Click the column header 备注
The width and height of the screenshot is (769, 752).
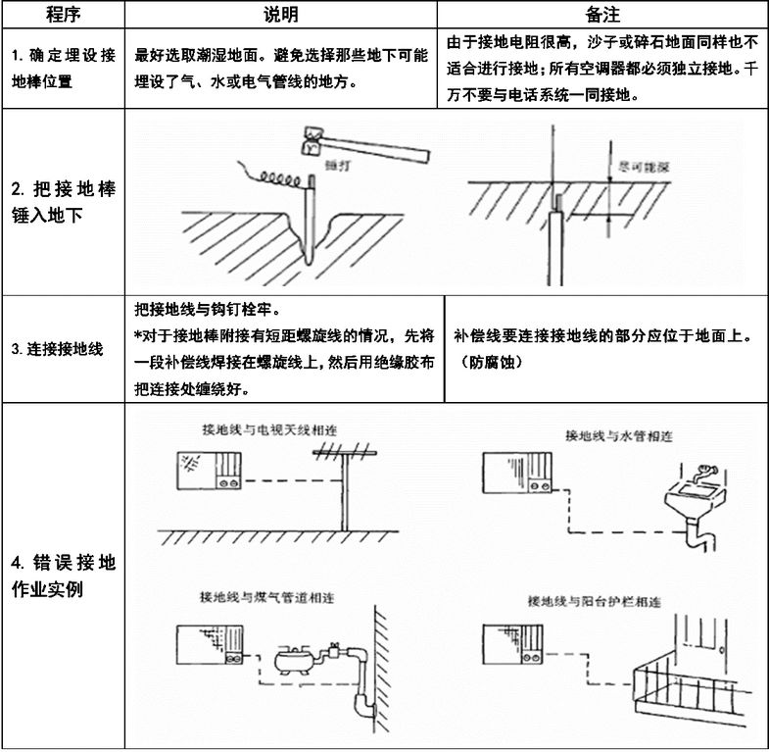600,15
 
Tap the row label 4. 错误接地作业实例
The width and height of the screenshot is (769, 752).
63,577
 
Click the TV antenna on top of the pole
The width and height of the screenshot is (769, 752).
346,453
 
